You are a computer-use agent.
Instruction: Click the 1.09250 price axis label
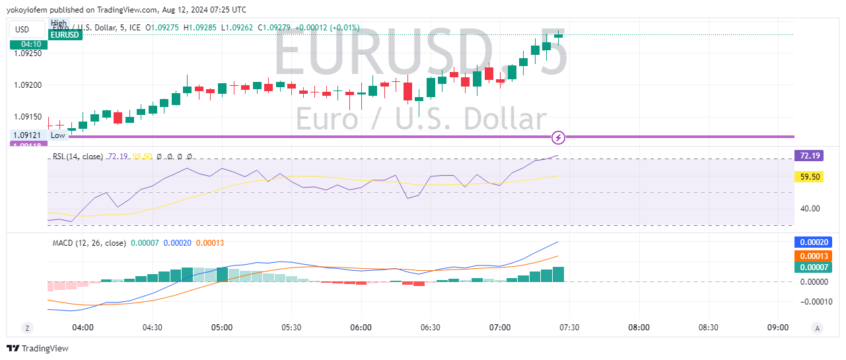(x=28, y=53)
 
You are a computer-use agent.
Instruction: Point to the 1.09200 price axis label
(x=28, y=85)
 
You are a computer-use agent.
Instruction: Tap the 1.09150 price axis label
(x=28, y=117)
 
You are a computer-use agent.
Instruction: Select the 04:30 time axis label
(x=153, y=328)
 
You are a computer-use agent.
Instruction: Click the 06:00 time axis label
(x=361, y=328)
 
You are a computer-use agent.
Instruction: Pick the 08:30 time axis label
(x=709, y=328)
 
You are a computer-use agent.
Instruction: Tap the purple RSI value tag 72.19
(x=809, y=156)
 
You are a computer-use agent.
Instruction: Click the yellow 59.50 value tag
(x=809, y=177)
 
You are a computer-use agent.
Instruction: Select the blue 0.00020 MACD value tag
(x=813, y=242)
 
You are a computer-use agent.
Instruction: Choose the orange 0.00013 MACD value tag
(x=813, y=256)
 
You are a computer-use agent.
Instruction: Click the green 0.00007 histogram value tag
(x=813, y=268)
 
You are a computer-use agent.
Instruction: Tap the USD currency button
(x=23, y=29)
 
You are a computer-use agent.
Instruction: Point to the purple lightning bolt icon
(x=559, y=137)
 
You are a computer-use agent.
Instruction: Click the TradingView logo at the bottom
(x=38, y=348)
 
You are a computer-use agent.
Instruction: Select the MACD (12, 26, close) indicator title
(x=89, y=243)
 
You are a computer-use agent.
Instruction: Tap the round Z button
(x=27, y=328)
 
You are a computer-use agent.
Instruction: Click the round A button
(x=818, y=328)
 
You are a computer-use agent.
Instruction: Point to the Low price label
(x=58, y=135)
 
